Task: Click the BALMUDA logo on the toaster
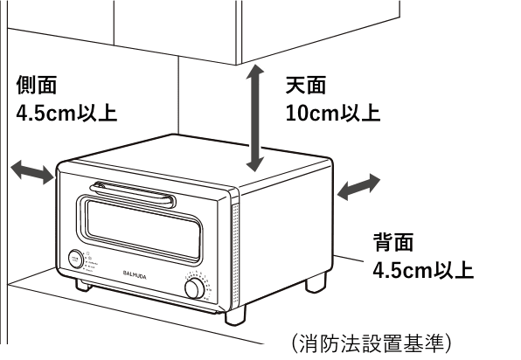(135, 274)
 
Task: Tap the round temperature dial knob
(195, 288)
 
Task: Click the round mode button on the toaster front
(76, 259)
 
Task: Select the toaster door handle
(133, 194)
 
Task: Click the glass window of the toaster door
(143, 231)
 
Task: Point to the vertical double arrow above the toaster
(255, 118)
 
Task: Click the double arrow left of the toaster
(32, 171)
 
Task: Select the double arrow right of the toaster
(358, 187)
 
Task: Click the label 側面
(37, 85)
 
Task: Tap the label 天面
(306, 85)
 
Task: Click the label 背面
(393, 242)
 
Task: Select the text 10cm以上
(333, 113)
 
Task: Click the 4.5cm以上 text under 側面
(66, 113)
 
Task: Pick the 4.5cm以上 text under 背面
(423, 270)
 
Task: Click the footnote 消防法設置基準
(372, 343)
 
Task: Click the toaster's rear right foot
(316, 282)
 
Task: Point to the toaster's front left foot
(83, 285)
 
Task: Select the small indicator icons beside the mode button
(90, 262)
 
